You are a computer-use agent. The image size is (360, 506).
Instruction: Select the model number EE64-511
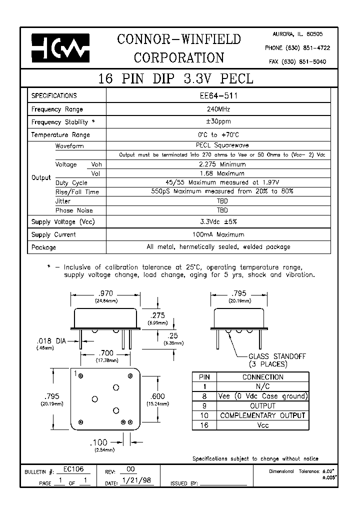tap(218, 95)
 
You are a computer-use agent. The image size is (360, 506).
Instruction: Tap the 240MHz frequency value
tap(218, 109)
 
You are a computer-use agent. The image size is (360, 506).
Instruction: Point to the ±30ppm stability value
tap(218, 121)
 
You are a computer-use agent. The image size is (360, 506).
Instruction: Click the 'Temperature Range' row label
tap(60, 135)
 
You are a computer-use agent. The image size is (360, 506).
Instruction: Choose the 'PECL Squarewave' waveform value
tap(218, 146)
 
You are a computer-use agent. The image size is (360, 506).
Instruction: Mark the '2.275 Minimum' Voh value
tap(218, 164)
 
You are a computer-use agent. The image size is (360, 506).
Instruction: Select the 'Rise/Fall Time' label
tap(77, 192)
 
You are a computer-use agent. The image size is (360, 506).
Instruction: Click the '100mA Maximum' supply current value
tap(218, 234)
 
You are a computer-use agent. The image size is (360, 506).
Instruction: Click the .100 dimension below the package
tap(99, 443)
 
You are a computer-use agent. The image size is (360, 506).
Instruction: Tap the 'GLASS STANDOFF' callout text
tap(277, 356)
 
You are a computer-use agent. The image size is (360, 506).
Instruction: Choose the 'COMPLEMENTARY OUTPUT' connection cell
tap(262, 415)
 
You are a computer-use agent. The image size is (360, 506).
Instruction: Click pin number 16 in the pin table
tap(204, 425)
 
